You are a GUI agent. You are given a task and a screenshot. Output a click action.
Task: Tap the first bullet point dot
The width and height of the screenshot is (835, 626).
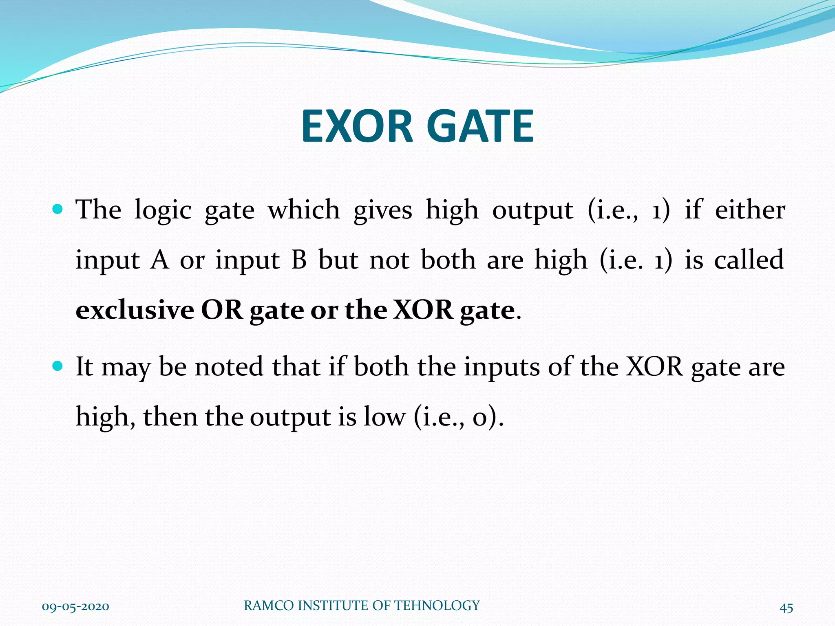tap(58, 210)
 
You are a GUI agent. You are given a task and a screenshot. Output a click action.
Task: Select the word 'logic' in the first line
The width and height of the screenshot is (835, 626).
tap(163, 210)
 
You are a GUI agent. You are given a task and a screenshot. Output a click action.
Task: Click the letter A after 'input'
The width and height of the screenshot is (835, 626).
tap(159, 260)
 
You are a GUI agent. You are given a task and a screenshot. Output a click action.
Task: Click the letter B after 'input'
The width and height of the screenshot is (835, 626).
tap(299, 260)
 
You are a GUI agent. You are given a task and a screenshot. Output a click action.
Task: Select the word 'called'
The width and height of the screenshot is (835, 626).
tap(749, 260)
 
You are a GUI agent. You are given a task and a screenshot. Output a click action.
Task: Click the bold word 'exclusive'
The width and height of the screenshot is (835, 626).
tap(135, 310)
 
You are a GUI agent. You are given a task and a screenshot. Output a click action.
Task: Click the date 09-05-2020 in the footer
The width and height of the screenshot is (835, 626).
tap(75, 606)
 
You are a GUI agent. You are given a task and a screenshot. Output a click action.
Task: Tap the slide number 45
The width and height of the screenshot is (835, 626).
tap(786, 608)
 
